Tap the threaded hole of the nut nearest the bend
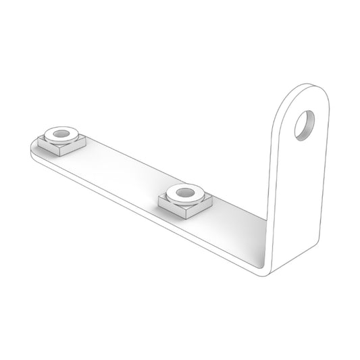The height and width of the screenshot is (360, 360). tap(182, 194)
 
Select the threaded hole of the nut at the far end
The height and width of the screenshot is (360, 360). tap(62, 134)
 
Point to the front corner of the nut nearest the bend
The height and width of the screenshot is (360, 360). tap(182, 217)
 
